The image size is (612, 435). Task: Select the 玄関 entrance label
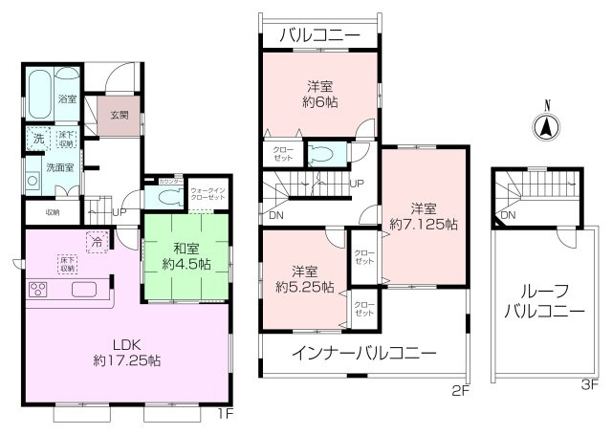pyautogui.click(x=119, y=116)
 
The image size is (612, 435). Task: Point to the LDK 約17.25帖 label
pyautogui.click(x=126, y=353)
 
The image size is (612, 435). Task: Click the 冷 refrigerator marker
pyautogui.click(x=96, y=243)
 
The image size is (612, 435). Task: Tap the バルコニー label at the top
pyautogui.click(x=318, y=35)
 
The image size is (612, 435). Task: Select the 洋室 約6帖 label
pyautogui.click(x=318, y=93)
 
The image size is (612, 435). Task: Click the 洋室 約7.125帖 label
pyautogui.click(x=424, y=216)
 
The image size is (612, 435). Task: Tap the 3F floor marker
pyautogui.click(x=588, y=385)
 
